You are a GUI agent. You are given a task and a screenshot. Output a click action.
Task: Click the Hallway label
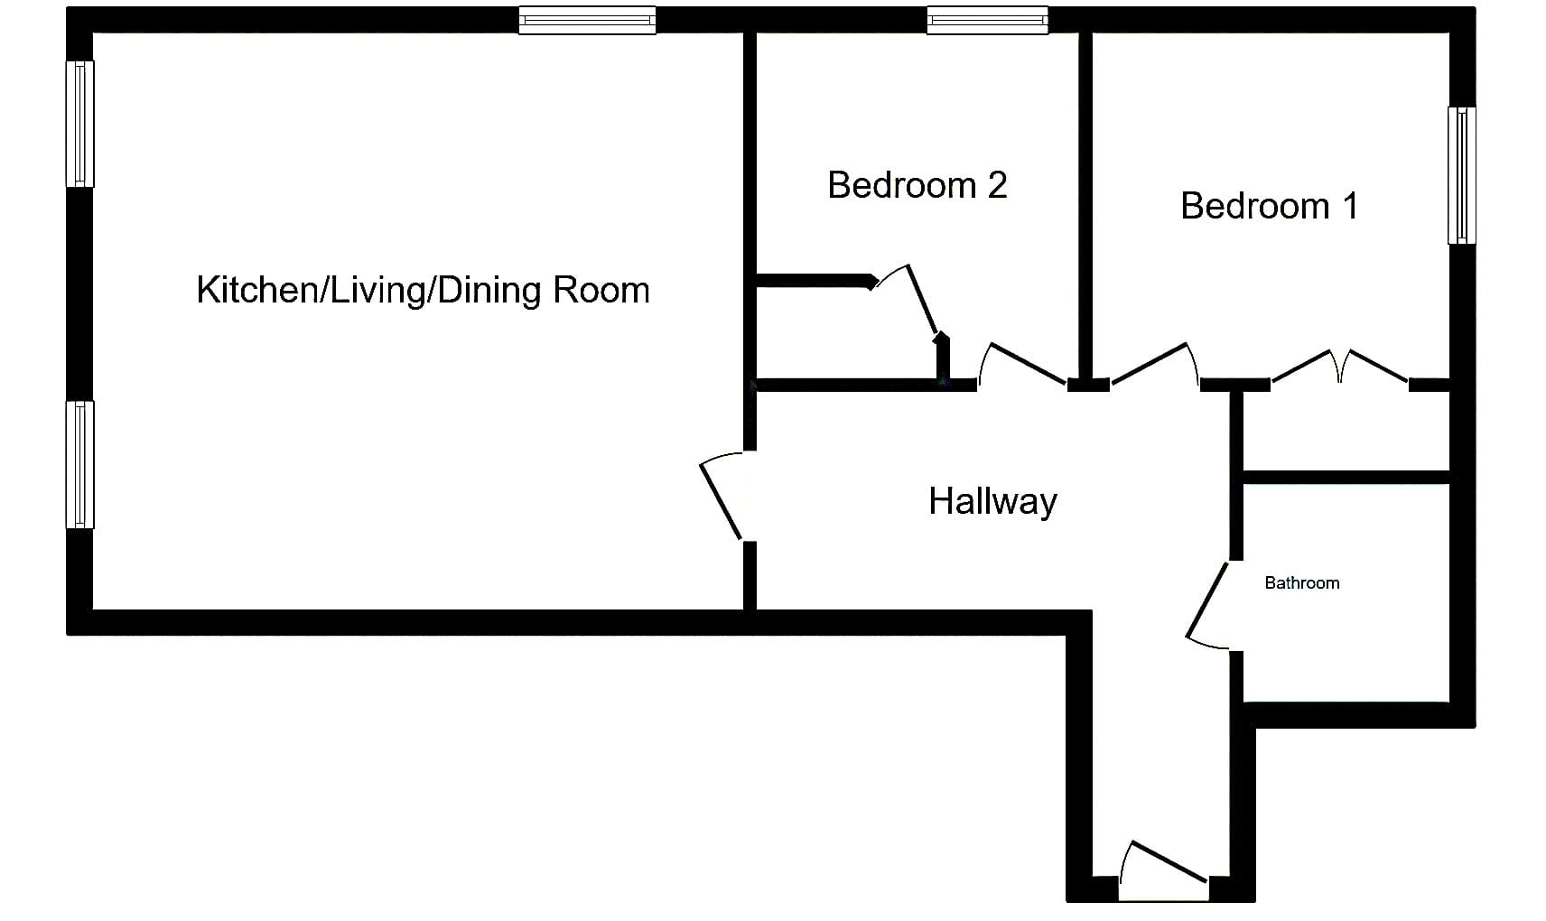[x=992, y=501]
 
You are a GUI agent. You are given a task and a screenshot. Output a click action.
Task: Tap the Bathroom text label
[x=1301, y=583]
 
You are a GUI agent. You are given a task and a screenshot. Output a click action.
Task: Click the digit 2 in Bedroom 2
[x=997, y=185]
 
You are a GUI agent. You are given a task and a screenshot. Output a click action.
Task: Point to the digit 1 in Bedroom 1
[x=1351, y=206]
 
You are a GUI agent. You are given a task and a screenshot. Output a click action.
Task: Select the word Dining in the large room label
[x=489, y=290]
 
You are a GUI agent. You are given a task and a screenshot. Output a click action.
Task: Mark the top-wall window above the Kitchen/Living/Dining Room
[x=587, y=21]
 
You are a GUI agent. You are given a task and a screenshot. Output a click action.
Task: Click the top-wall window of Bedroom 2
[x=988, y=21]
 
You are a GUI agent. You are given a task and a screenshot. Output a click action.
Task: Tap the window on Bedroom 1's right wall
[x=1462, y=175]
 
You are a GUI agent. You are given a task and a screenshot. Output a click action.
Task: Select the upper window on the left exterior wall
[x=80, y=125]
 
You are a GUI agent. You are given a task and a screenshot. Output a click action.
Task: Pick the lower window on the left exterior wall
[x=80, y=465]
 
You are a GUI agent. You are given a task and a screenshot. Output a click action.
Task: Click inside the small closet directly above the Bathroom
[x=1346, y=432]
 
